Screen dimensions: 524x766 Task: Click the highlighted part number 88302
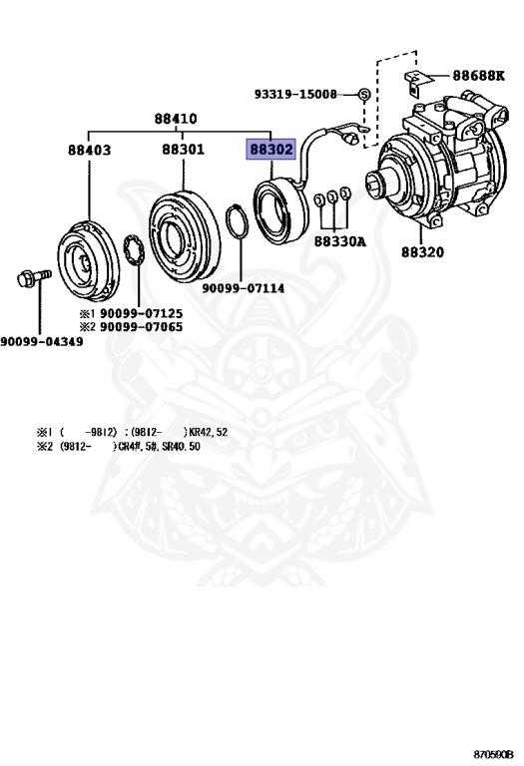pos(270,149)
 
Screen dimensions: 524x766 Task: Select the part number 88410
pos(176,119)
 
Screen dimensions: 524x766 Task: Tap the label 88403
pos(89,150)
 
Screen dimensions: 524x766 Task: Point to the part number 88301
pos(184,149)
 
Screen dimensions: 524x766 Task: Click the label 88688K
pos(478,76)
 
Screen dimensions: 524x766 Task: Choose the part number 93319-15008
pos(295,94)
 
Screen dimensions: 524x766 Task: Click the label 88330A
pos(339,241)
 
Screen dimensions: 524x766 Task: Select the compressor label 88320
pos(423,252)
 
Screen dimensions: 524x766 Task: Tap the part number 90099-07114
pos(243,288)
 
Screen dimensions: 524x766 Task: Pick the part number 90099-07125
pos(142,313)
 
